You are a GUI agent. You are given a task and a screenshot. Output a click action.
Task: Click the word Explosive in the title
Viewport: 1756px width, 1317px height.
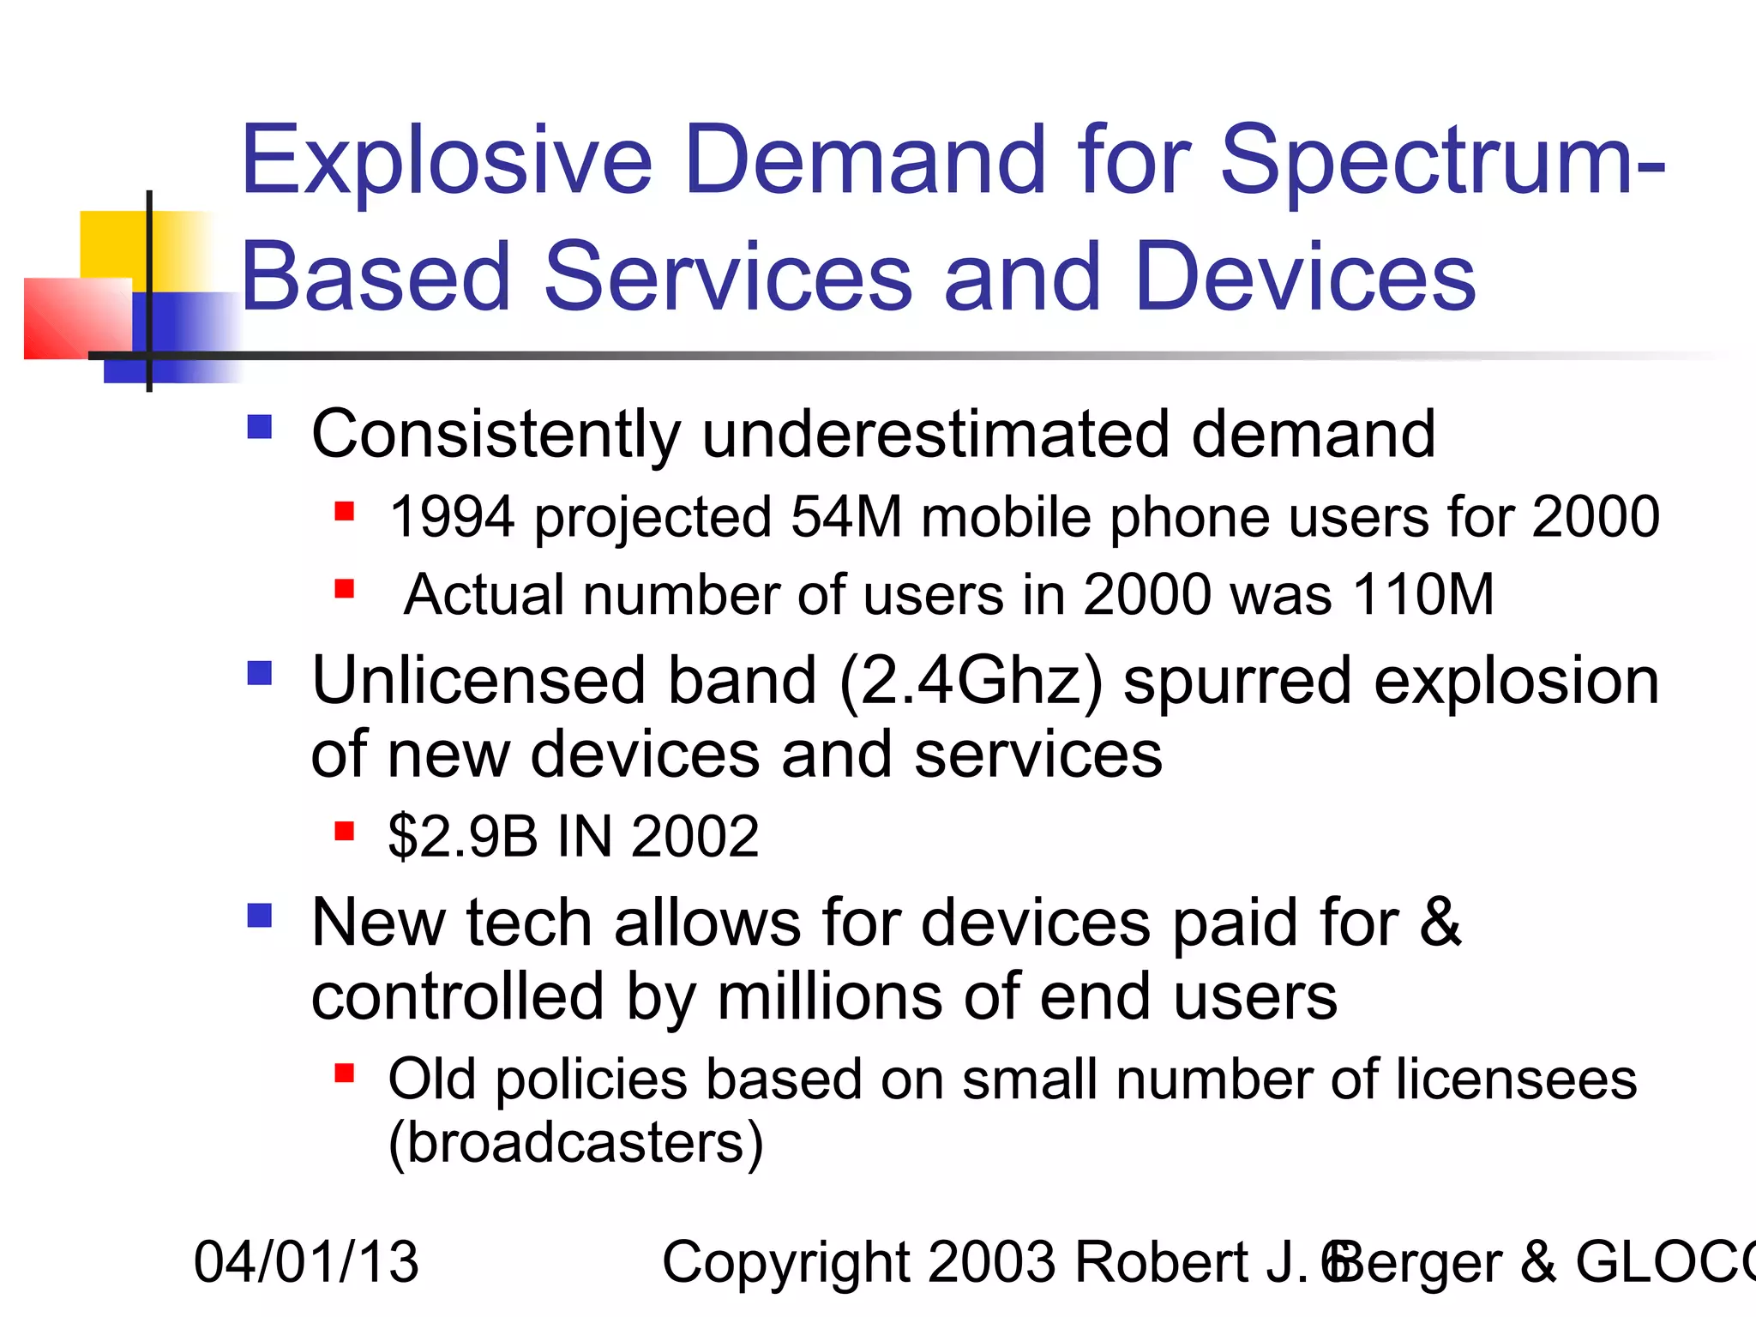447,160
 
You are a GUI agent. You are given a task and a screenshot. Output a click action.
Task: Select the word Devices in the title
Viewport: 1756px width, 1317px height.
1304,277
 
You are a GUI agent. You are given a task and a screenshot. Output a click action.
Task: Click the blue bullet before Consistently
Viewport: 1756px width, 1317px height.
259,427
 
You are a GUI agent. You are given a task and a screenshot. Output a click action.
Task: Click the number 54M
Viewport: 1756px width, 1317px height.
845,517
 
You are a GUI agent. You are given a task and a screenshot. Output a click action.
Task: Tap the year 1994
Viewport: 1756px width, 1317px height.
452,517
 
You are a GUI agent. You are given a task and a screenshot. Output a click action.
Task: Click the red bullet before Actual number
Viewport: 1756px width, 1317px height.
345,589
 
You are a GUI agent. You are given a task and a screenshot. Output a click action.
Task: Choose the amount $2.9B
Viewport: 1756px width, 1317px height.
463,836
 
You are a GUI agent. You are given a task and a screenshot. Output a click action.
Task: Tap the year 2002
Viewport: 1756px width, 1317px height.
695,836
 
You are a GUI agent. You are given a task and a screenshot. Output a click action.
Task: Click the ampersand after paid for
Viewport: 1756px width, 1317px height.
1440,923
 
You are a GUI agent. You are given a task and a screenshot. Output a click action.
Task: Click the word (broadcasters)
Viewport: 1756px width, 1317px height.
575,1143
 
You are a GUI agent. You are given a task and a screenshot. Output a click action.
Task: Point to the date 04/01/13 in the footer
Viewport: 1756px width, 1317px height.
306,1262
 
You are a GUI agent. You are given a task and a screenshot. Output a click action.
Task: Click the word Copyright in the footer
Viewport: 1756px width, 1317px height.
785,1262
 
